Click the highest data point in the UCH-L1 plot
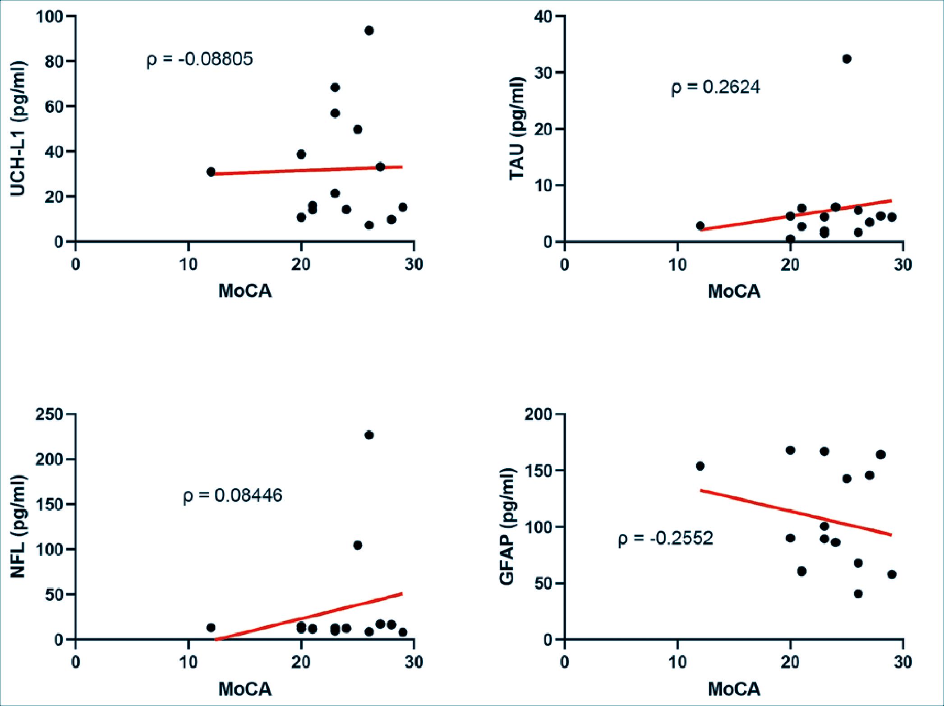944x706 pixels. pyautogui.click(x=369, y=31)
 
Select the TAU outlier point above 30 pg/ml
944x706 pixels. pyautogui.click(x=847, y=59)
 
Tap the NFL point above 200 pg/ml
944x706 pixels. pyautogui.click(x=369, y=435)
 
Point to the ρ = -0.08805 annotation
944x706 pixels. pyautogui.click(x=200, y=59)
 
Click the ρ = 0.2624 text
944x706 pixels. pyautogui.click(x=715, y=87)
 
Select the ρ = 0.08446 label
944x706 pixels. pyautogui.click(x=232, y=496)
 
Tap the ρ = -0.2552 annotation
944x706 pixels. pyautogui.click(x=665, y=538)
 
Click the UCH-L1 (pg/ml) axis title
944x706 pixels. pyautogui.click(x=18, y=129)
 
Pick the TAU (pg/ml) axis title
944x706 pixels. pyautogui.click(x=517, y=129)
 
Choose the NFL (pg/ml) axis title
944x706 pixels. pyautogui.click(x=18, y=526)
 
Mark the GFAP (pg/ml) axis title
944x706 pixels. pyautogui.click(x=507, y=526)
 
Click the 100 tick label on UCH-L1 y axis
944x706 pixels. pyautogui.click(x=51, y=17)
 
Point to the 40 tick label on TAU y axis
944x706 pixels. pyautogui.click(x=543, y=17)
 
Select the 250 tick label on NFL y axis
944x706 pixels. pyautogui.click(x=50, y=414)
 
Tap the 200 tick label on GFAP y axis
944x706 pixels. pyautogui.click(x=539, y=414)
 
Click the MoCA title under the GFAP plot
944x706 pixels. pyautogui.click(x=734, y=689)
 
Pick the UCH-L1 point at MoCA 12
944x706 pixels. pyautogui.click(x=211, y=172)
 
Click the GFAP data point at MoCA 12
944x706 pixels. pyautogui.click(x=700, y=466)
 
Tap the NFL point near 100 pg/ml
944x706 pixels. pyautogui.click(x=358, y=545)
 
